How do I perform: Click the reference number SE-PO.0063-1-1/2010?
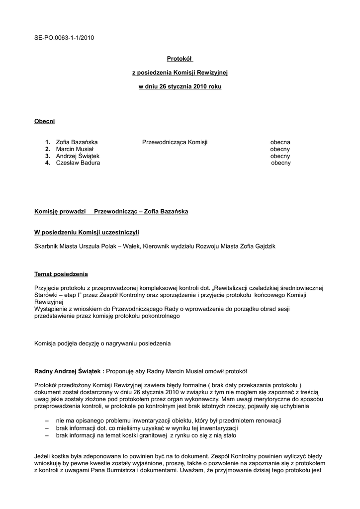point(64,37)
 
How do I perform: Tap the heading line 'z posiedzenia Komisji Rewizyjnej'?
point(180,73)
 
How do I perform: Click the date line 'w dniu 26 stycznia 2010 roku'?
point(180,86)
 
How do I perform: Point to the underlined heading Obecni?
point(44,121)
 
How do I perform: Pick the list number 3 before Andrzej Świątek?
point(47,156)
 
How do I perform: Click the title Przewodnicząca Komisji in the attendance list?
point(175,142)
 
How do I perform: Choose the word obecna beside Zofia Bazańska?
point(280,142)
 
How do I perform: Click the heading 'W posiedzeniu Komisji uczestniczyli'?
point(87,232)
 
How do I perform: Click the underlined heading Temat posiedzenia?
point(61,274)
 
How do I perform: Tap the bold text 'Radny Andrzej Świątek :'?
point(69,371)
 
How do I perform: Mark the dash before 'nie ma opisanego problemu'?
point(47,421)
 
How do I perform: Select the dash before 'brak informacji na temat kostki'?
point(47,435)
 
